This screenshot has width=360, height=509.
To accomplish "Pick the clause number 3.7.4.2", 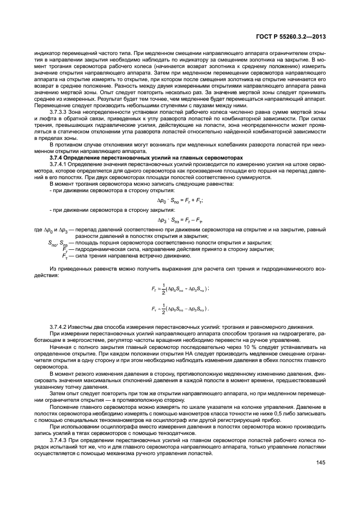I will (x=60, y=326).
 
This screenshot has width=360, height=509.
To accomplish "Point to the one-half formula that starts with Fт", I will (x=180, y=309).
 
